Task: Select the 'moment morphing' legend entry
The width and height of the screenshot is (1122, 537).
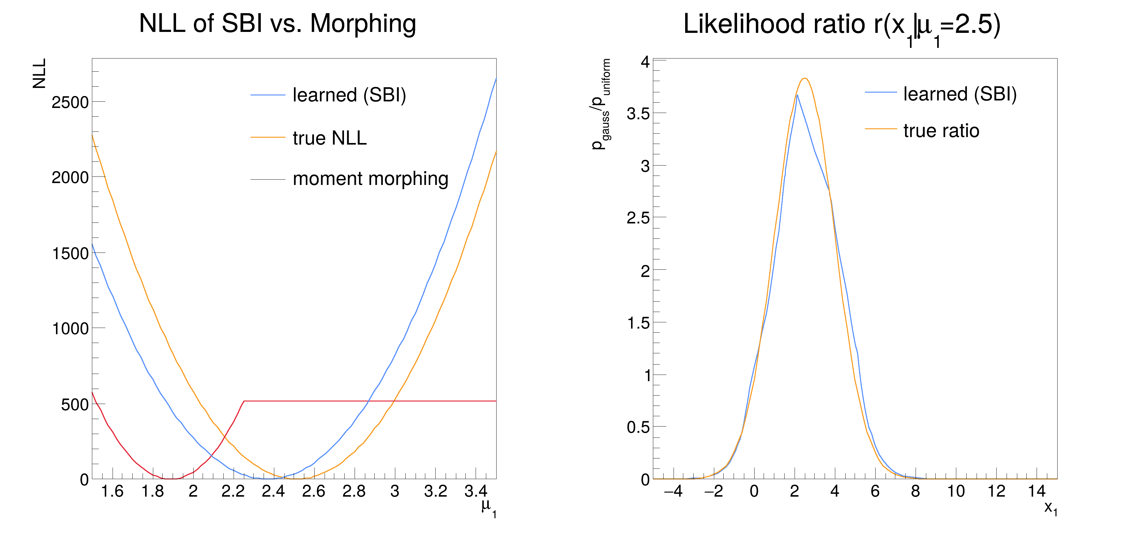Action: [370, 179]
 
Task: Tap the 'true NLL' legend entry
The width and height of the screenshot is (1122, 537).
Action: [330, 138]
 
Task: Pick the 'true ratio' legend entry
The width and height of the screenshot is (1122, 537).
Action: [941, 131]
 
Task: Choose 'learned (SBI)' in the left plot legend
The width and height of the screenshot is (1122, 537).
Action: [349, 95]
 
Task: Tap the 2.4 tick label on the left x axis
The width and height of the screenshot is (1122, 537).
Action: [273, 492]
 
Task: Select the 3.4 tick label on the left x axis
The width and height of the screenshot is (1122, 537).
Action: [476, 492]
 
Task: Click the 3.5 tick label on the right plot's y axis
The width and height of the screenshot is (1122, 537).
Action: [638, 114]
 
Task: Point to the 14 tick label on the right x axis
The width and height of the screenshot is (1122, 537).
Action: [1037, 492]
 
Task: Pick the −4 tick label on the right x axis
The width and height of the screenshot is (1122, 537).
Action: [673, 492]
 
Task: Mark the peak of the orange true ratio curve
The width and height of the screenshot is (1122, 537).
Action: [805, 79]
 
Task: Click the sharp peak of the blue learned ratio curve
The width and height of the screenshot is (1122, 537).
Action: [797, 95]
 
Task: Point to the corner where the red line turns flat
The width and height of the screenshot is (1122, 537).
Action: [244, 401]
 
